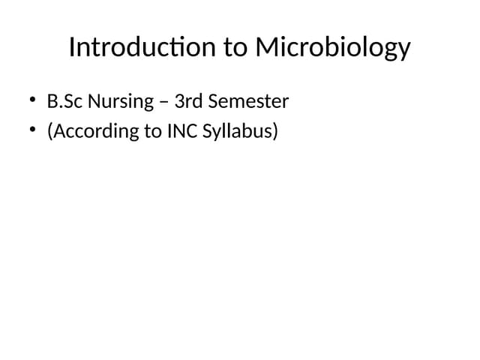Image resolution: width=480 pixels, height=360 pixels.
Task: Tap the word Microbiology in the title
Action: [333, 49]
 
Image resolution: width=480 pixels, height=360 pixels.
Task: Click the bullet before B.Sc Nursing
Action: [33, 100]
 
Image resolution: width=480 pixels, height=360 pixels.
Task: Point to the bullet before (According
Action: [33, 131]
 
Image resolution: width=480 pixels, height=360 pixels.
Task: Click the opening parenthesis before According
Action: [50, 133]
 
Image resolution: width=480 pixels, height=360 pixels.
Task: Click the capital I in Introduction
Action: [72, 47]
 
